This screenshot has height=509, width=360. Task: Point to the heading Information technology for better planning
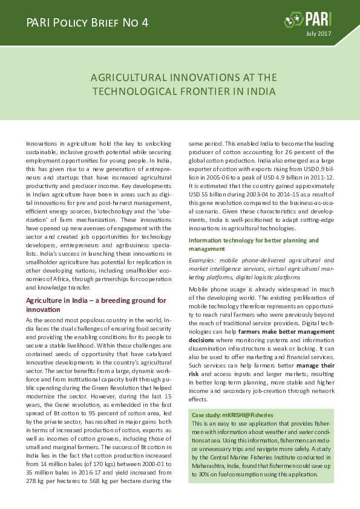click(254, 240)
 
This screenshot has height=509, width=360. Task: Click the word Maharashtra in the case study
click(212, 466)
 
